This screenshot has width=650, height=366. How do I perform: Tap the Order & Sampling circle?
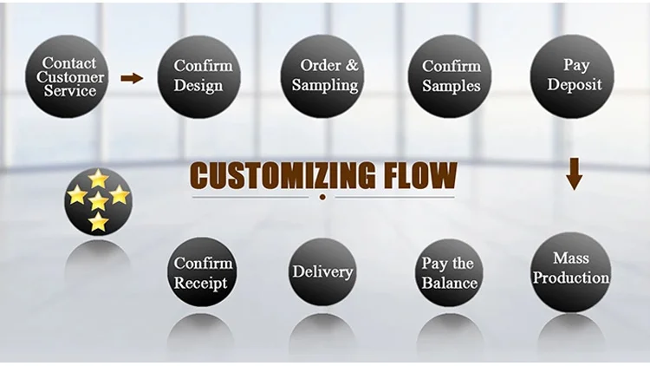coord(325,76)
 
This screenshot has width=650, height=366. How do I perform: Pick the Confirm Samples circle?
coord(451,76)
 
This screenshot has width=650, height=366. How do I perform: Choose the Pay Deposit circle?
coord(573,76)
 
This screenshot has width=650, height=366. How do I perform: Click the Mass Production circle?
coord(571,270)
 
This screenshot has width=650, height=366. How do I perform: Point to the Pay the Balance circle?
coord(449,272)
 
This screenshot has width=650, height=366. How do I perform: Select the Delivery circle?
coord(322,271)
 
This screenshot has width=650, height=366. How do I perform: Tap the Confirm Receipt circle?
coord(200,272)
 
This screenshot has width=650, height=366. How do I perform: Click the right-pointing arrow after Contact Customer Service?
coord(132,78)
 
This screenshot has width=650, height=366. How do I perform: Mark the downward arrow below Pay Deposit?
coord(574,173)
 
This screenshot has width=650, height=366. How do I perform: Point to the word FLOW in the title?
coord(422,175)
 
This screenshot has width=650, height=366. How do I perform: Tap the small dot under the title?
coord(322,198)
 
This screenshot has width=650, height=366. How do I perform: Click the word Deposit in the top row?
coord(575,85)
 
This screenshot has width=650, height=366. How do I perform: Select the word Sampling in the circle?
coord(325,85)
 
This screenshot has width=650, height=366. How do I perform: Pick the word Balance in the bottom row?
coord(449,283)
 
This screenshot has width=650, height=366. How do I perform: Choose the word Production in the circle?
coord(571,278)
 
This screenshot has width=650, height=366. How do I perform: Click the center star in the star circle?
coord(98,201)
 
